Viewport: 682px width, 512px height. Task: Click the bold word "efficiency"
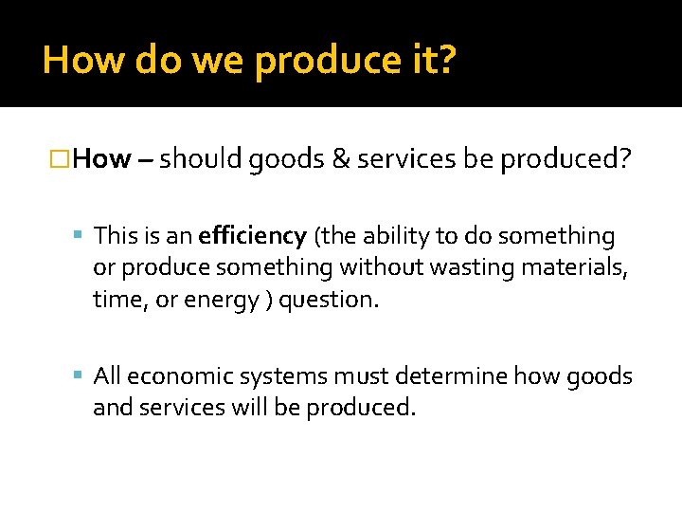point(252,236)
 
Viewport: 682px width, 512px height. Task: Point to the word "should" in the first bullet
point(201,158)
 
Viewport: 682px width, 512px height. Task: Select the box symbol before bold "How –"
point(60,158)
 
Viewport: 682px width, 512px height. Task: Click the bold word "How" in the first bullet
point(101,158)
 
